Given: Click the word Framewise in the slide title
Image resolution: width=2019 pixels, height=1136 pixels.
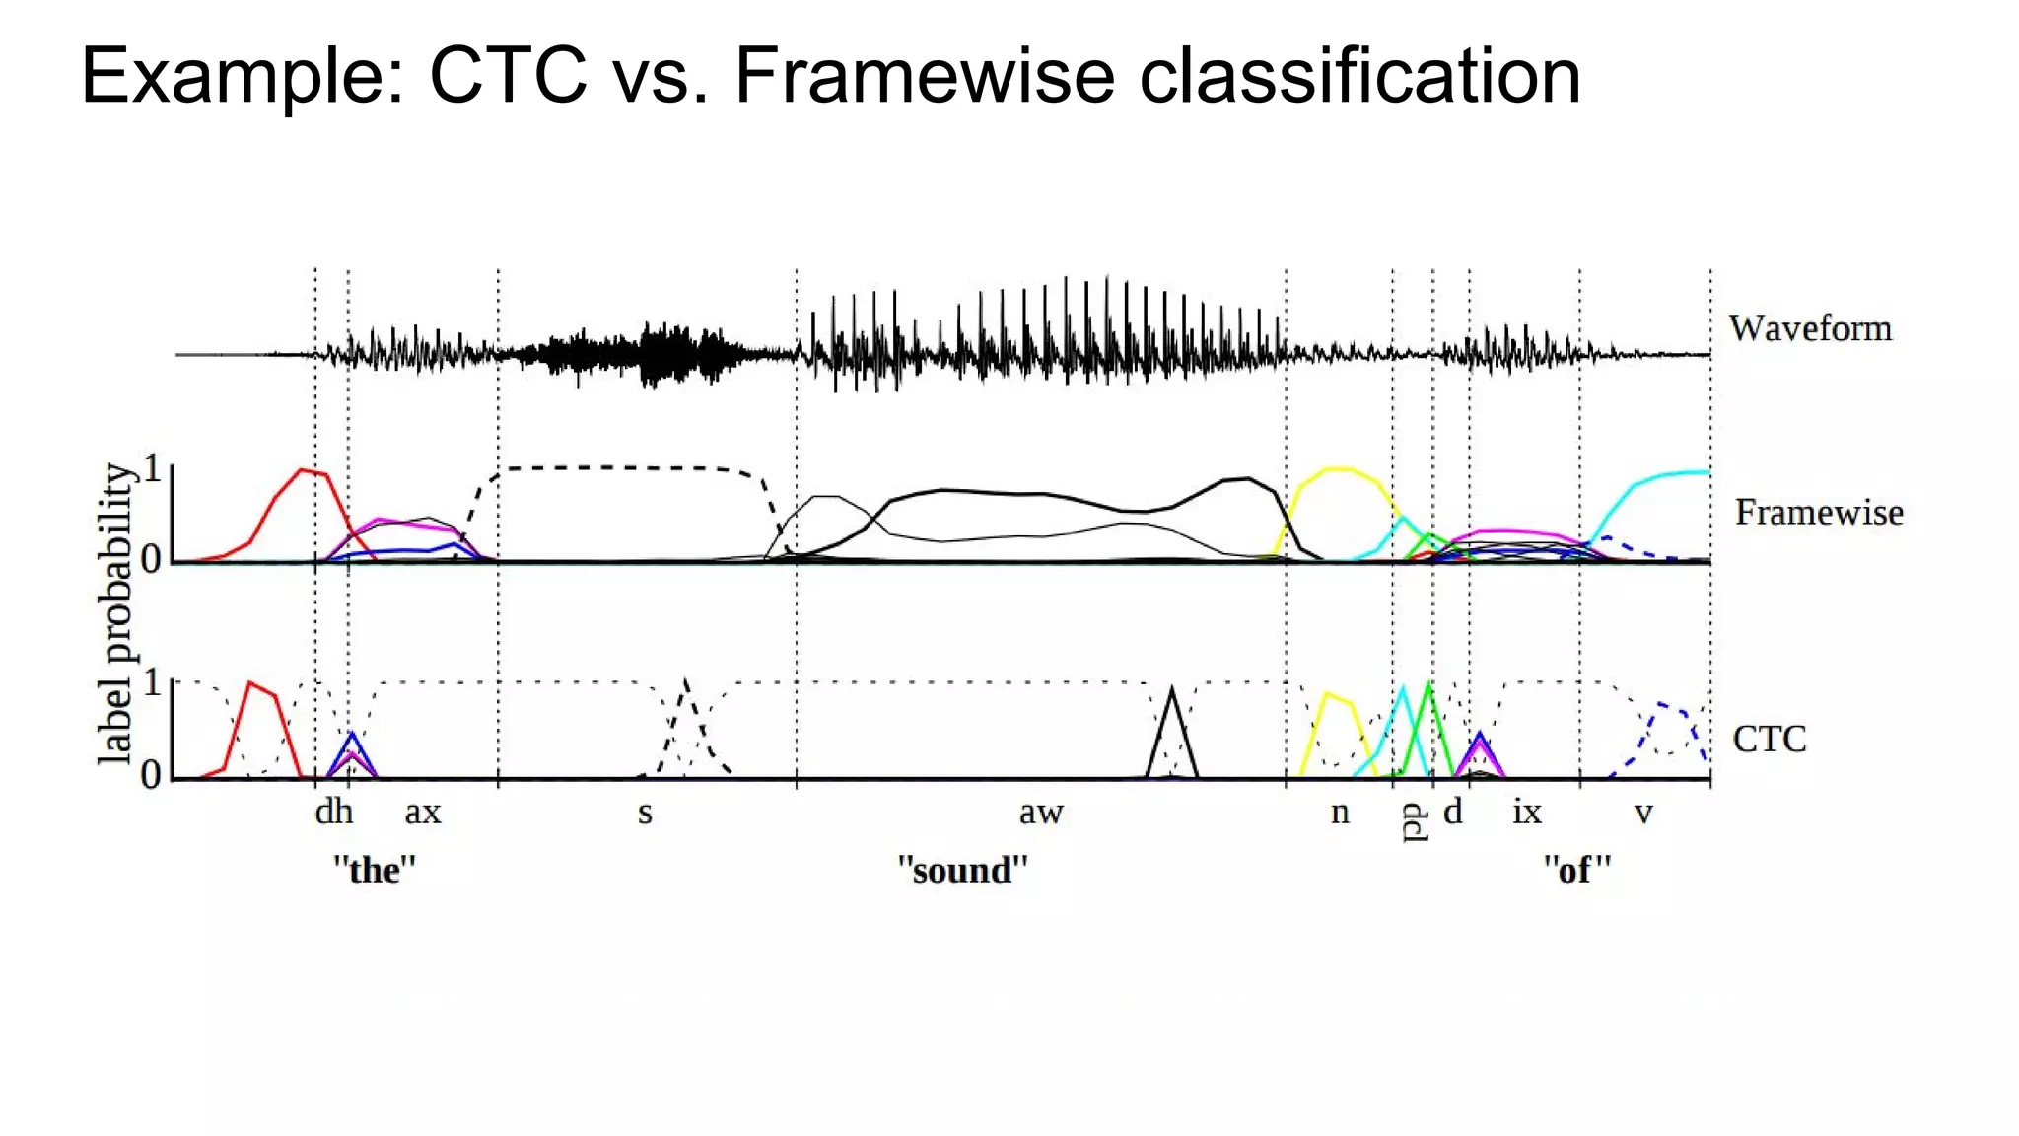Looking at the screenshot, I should pos(925,76).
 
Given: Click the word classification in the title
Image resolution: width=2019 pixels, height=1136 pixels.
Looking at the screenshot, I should pos(1359,76).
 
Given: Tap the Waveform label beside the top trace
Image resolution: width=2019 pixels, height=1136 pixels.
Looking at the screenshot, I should pos(1810,328).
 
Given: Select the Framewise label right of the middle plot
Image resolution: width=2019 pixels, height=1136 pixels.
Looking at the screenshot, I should pos(1819,512).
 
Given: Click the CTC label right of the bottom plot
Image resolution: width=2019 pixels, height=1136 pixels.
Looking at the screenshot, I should pos(1770,739).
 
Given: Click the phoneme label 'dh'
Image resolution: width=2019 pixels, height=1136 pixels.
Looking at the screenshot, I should pos(334,812).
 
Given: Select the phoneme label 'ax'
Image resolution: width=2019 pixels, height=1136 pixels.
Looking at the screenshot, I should pos(423,813).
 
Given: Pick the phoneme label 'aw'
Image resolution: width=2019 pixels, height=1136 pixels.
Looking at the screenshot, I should pos(1041,813).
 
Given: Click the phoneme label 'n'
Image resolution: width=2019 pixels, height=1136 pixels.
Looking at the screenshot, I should pos(1340,813).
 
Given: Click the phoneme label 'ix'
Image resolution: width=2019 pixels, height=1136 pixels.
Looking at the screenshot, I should pos(1526,812).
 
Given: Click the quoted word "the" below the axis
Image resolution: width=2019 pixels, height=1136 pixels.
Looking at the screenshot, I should pos(375,870).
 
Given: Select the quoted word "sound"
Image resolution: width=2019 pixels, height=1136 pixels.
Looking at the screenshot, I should pos(962,870).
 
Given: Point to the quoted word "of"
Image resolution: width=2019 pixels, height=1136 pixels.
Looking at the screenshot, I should pos(1577,870).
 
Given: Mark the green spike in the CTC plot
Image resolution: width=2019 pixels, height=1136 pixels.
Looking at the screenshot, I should pos(1429,684).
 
